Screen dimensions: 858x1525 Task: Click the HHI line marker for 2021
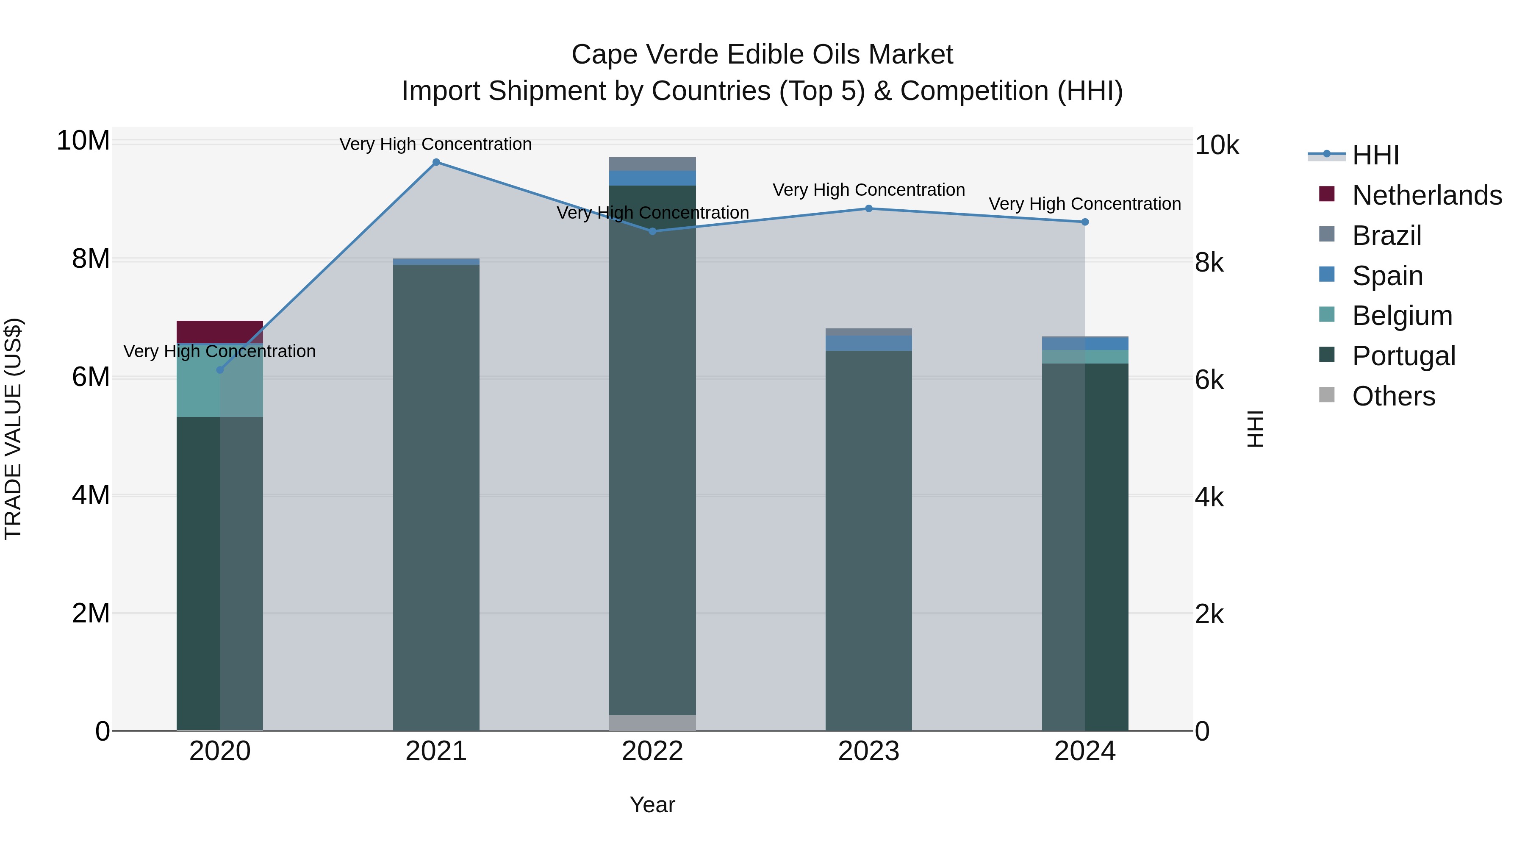click(x=436, y=162)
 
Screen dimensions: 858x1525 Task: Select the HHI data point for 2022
click(x=652, y=231)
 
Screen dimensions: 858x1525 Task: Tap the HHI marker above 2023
click(x=868, y=208)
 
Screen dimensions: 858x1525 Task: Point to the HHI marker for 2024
click(x=1084, y=222)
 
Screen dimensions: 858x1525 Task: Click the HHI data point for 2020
click(x=220, y=370)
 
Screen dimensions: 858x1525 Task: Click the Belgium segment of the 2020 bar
click(x=198, y=382)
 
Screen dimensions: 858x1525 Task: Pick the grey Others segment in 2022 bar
click(x=652, y=723)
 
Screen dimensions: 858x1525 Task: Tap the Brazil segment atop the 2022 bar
click(x=652, y=164)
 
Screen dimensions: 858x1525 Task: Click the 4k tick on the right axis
click(x=1209, y=497)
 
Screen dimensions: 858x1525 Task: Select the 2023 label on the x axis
click(x=868, y=751)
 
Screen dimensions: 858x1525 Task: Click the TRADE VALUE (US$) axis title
click(x=13, y=429)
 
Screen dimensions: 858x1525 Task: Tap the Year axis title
click(x=652, y=805)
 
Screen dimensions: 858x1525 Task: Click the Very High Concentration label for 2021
click(x=436, y=144)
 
